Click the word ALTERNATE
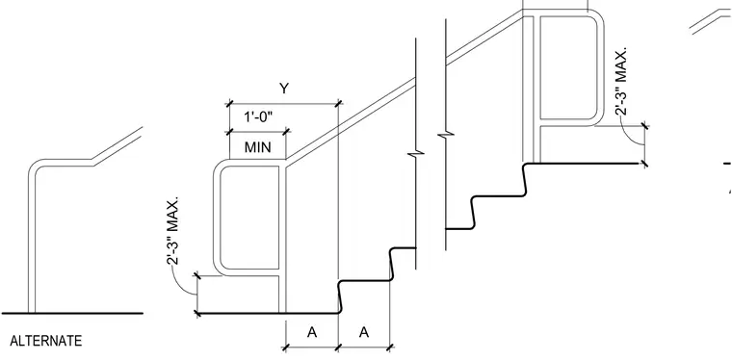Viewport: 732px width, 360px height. (46, 341)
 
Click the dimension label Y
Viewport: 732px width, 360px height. (284, 89)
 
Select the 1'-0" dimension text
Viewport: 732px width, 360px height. (258, 117)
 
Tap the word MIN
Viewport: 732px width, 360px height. (258, 148)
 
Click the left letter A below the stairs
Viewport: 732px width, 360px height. (312, 332)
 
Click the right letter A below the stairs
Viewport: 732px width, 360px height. (364, 332)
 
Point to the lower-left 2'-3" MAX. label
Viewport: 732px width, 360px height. (172, 231)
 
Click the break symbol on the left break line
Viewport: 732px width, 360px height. (418, 154)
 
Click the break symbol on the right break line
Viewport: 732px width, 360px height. (446, 135)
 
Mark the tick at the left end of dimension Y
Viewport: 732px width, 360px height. (229, 104)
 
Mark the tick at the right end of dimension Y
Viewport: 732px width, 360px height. (338, 104)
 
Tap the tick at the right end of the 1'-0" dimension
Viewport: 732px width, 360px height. (286, 132)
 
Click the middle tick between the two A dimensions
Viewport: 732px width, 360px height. (338, 347)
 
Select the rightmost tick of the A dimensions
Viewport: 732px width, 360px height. (390, 347)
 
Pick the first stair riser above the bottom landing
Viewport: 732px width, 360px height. (341, 297)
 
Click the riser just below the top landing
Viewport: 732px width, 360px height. (525, 180)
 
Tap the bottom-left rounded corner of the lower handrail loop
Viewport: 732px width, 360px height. (219, 270)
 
